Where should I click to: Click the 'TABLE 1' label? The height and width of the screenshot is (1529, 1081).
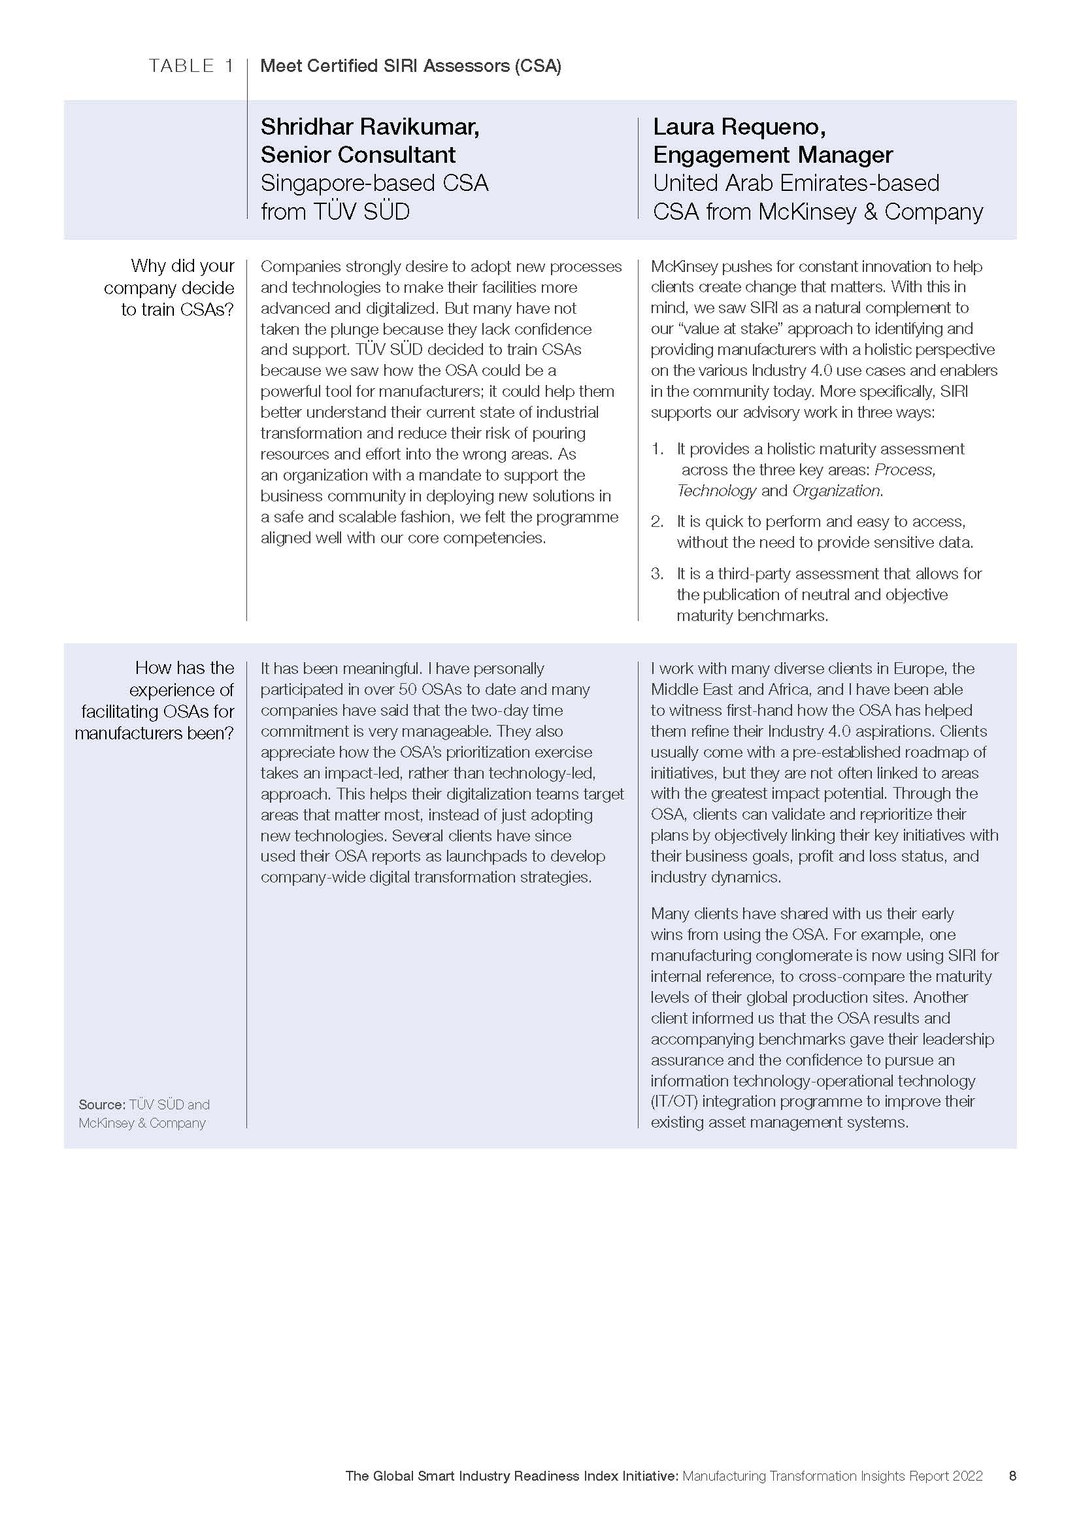(191, 65)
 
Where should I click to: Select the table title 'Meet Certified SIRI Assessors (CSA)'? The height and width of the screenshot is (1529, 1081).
(410, 66)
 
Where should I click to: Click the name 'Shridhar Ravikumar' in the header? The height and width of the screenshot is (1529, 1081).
(369, 126)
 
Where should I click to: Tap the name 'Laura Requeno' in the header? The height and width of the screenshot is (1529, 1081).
(738, 126)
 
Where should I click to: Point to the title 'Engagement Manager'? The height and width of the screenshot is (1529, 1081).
(772, 154)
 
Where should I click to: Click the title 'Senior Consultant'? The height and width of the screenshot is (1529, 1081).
(358, 154)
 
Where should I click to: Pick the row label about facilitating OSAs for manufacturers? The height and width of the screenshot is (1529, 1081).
(154, 700)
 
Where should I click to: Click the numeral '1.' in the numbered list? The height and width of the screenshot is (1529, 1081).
(657, 449)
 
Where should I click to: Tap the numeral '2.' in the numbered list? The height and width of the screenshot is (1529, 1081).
(657, 522)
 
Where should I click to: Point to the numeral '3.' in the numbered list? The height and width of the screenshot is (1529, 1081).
(657, 573)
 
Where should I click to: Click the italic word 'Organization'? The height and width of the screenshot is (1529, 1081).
(836, 491)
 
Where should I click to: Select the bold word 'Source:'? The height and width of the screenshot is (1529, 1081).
(102, 1105)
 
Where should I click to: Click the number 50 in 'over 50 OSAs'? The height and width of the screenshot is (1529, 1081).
(407, 689)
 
